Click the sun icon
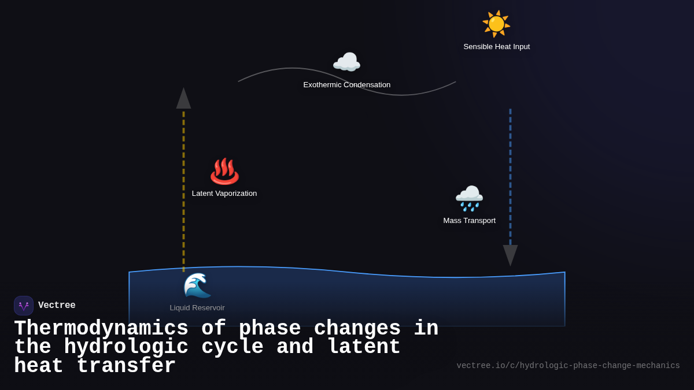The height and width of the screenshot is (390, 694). [x=496, y=24]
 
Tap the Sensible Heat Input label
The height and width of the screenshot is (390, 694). [x=496, y=47]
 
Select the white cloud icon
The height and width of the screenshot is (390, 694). [x=346, y=62]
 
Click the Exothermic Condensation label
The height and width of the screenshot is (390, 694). [x=346, y=85]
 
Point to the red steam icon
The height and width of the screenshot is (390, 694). [x=224, y=171]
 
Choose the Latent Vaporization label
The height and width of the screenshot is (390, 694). [x=224, y=194]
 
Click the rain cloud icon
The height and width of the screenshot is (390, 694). [x=469, y=198]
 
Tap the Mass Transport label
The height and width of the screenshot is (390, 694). [x=469, y=221]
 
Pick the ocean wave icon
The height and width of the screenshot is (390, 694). [x=197, y=285]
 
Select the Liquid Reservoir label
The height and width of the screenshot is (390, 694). [x=197, y=308]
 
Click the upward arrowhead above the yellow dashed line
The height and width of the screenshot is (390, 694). [x=183, y=99]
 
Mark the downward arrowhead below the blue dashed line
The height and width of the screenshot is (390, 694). [x=510, y=255]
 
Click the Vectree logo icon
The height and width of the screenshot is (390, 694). [x=24, y=306]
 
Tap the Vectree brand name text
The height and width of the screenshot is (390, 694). [x=57, y=306]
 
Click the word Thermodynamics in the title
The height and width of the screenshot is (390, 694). [x=101, y=329]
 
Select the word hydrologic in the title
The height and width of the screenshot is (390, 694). [x=126, y=347]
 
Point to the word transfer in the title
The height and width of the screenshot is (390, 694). [x=126, y=366]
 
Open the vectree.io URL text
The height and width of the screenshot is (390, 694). [x=568, y=366]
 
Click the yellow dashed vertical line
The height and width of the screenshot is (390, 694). [x=184, y=191]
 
